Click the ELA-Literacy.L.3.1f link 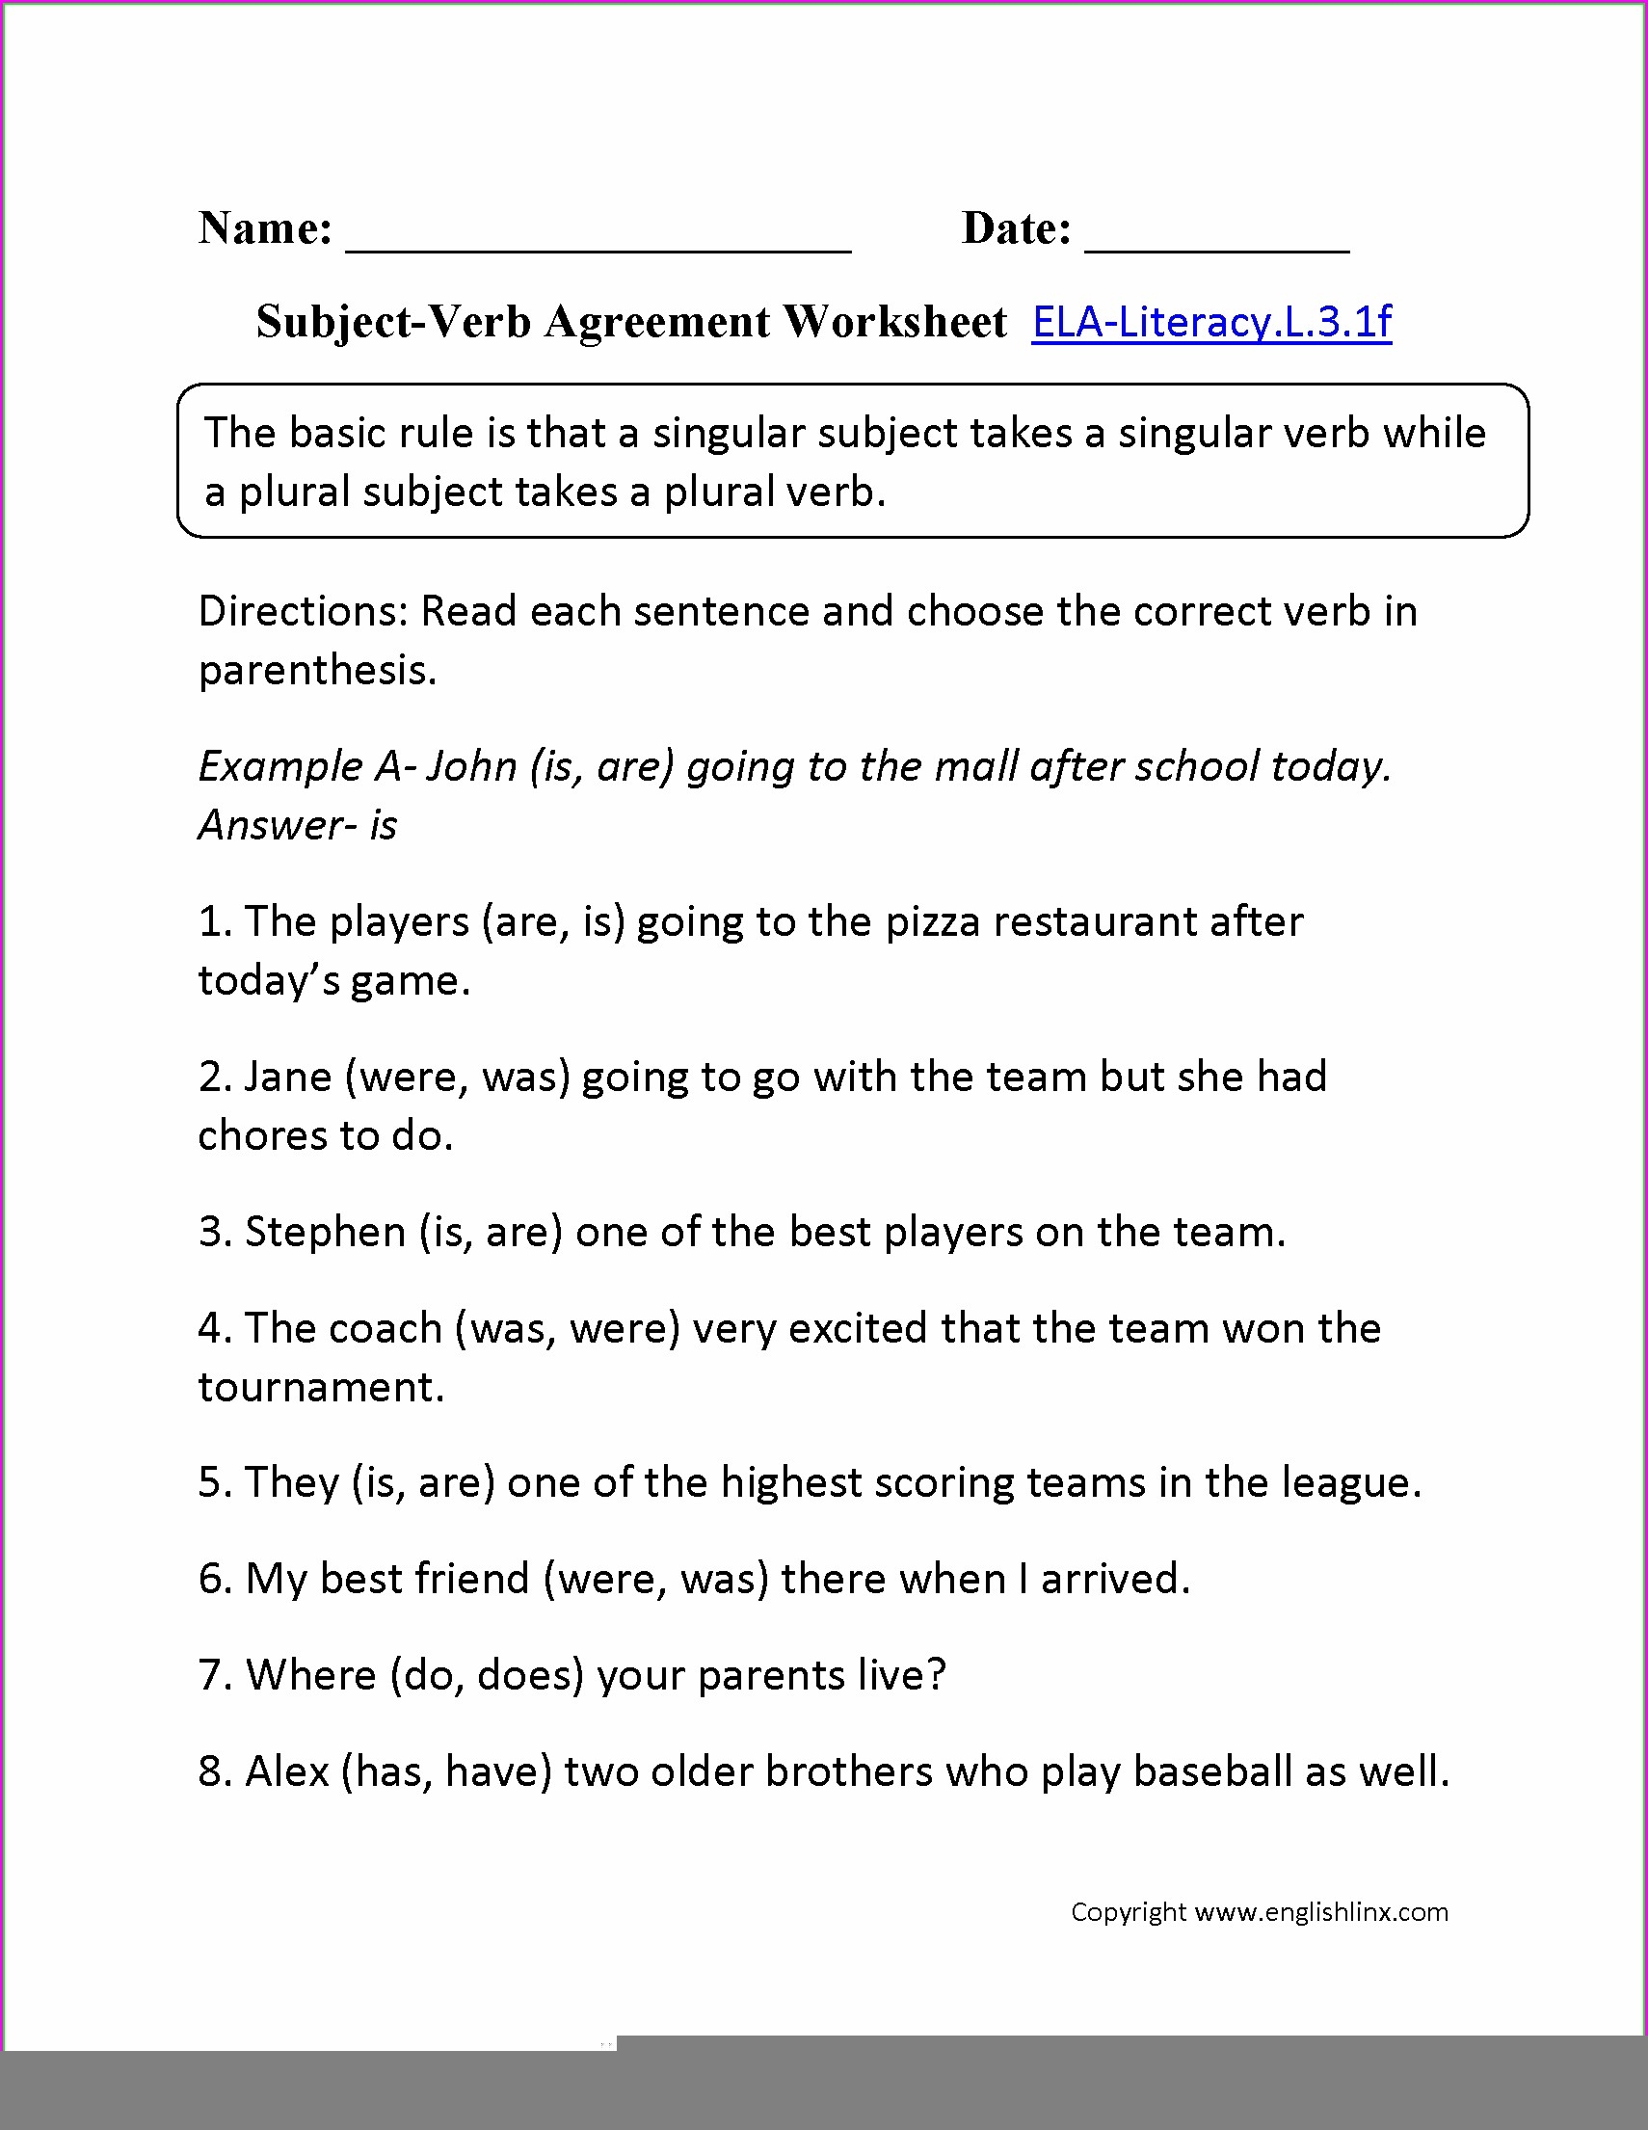(1211, 322)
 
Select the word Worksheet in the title (895, 322)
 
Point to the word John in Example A (472, 766)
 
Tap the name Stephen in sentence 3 (325, 1233)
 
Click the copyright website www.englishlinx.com (1321, 1912)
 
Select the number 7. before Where (215, 1675)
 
